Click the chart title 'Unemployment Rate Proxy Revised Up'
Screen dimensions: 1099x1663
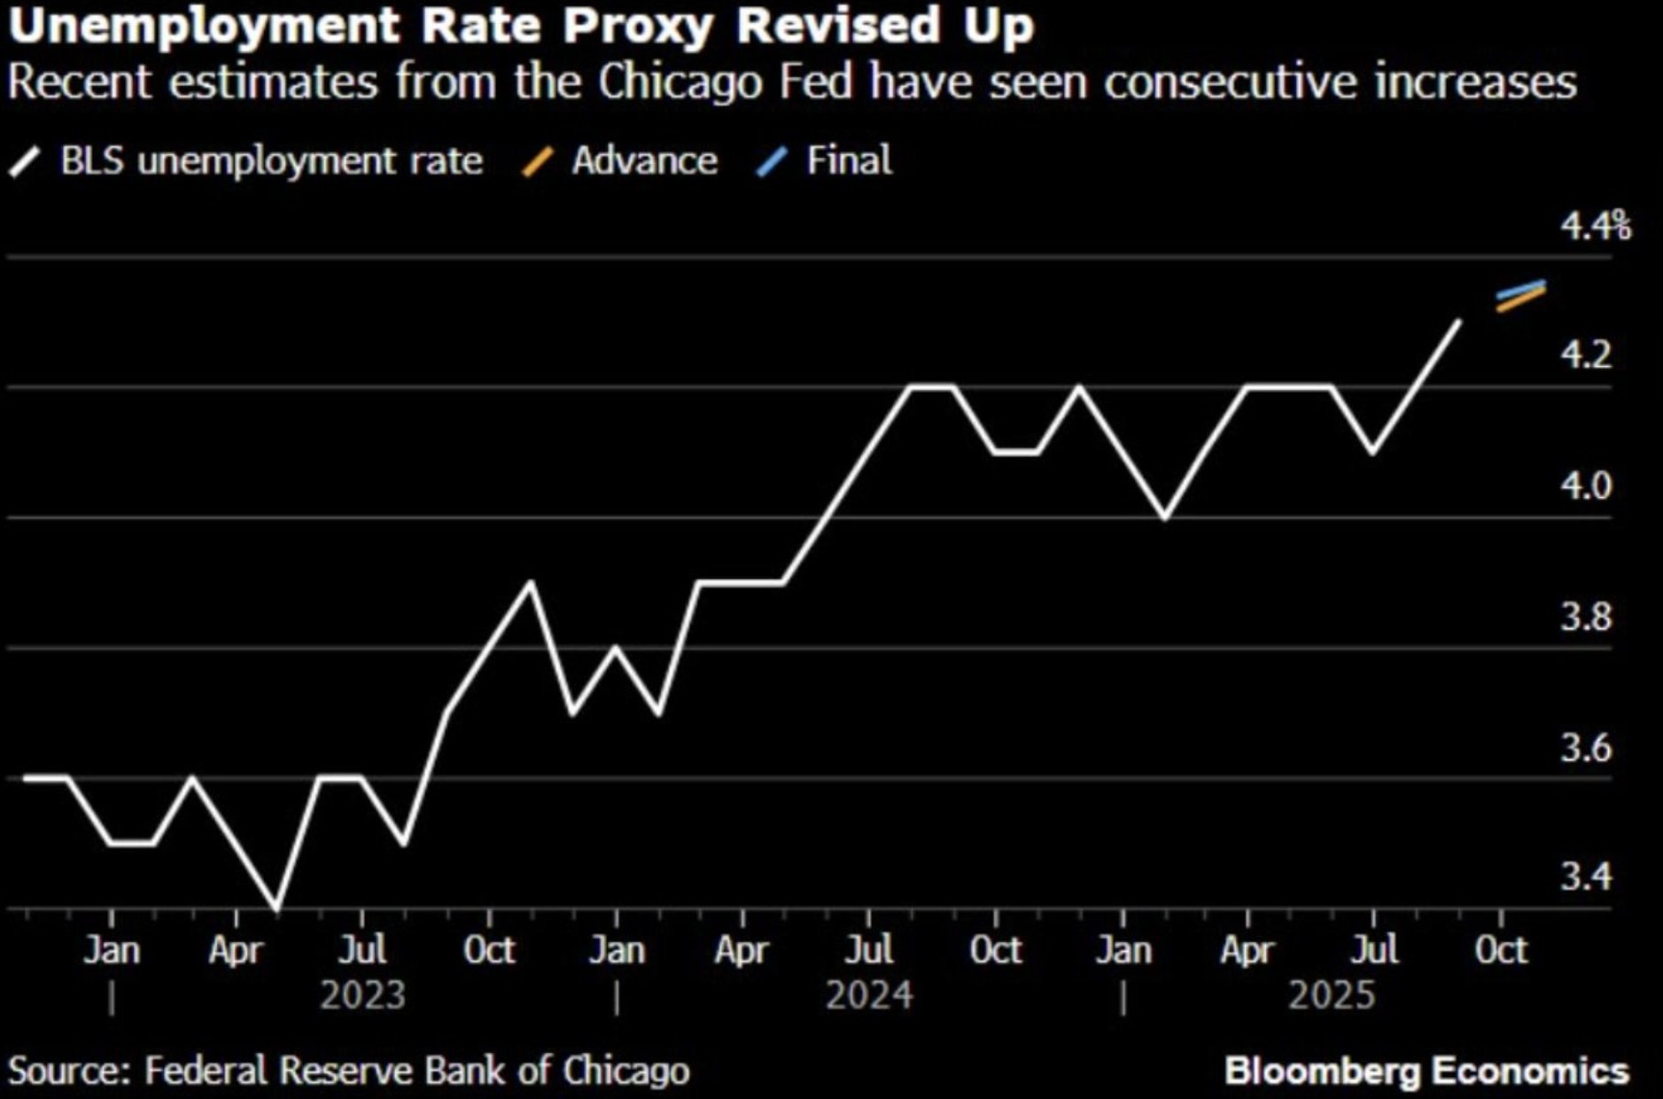(x=521, y=27)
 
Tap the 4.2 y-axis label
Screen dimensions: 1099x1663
(x=1586, y=355)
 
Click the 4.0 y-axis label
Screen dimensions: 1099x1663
(x=1586, y=486)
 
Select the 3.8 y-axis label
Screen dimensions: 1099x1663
(x=1586, y=617)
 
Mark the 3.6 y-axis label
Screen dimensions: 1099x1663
(x=1586, y=748)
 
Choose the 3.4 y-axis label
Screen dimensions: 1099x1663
(x=1586, y=877)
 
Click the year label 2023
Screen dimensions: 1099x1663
(x=362, y=995)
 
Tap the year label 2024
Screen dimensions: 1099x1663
(x=868, y=995)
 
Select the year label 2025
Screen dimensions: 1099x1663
(x=1331, y=995)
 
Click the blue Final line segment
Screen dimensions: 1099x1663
(x=1520, y=289)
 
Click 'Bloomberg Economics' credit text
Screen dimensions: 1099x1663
(x=1426, y=1071)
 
